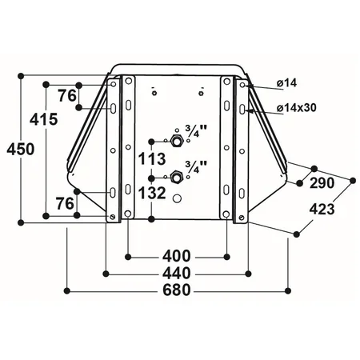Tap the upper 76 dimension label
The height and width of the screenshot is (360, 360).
pos(68,95)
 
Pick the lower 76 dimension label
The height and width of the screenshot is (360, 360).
pos(66,204)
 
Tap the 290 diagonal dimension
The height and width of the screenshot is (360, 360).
pos(321,183)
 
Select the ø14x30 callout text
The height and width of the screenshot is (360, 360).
pos(297,108)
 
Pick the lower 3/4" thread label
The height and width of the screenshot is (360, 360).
pos(194,165)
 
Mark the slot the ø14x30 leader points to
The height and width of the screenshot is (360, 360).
pos(242,108)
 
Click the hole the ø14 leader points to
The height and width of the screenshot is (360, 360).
pos(242,83)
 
